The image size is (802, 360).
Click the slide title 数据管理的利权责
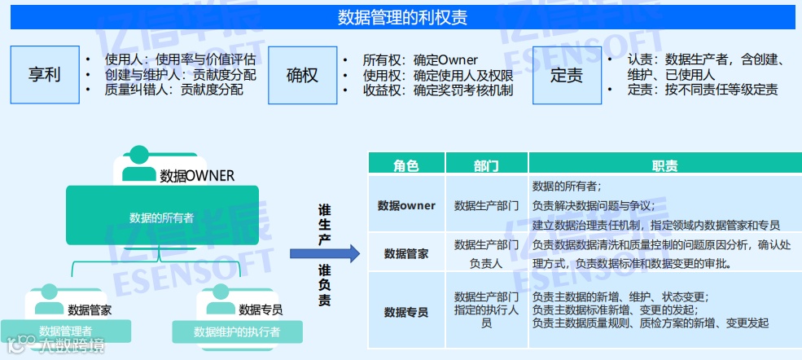coord(402,17)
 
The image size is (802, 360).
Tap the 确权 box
coord(302,75)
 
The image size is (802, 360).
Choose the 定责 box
coord(566,75)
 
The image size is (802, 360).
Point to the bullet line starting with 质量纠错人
coord(173,90)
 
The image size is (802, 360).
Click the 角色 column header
coord(405,165)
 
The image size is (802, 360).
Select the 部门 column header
coord(486,165)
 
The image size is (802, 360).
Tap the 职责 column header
coord(664,165)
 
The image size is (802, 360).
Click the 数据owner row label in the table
coord(405,205)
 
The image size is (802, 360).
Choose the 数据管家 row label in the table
coord(405,253)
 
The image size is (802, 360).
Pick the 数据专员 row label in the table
coord(405,311)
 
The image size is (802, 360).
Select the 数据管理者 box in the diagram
coord(65,331)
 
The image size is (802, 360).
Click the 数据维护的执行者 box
coord(236,331)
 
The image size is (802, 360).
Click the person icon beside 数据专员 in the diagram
coord(217,305)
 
